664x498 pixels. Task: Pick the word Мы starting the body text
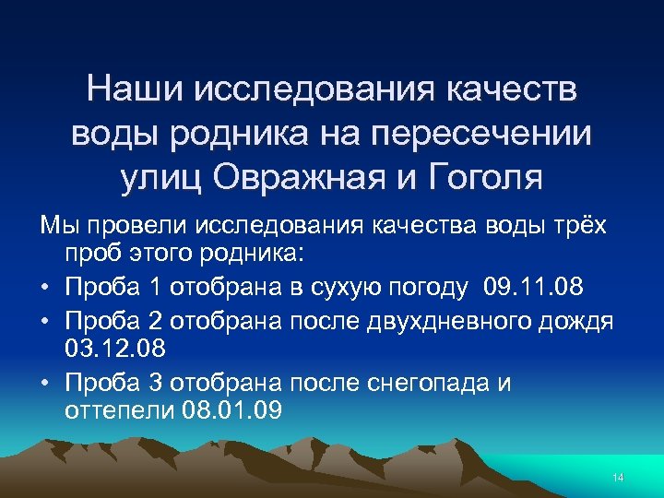pos(53,226)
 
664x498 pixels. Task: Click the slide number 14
pos(618,477)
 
